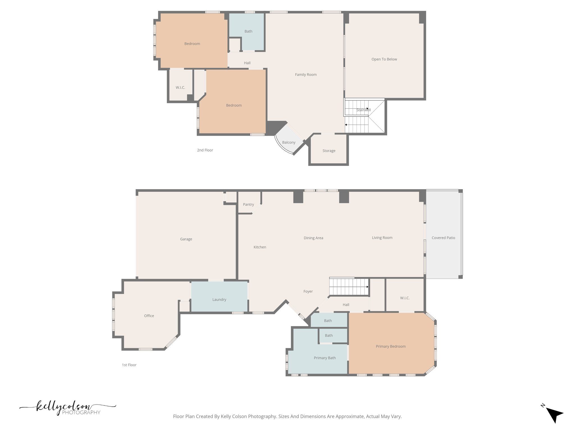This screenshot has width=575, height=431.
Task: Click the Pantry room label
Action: pos(248,204)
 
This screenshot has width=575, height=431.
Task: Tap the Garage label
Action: pos(186,239)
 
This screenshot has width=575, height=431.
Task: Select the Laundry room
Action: pos(219,299)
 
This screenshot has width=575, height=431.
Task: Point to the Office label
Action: pos(149,316)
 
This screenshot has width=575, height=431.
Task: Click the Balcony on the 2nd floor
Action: pos(289,142)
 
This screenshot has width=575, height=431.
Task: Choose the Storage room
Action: pos(329,151)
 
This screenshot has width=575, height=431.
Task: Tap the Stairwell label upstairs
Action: pos(364,110)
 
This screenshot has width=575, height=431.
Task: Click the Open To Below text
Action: pos(384,59)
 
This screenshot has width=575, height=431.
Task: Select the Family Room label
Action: pos(306,75)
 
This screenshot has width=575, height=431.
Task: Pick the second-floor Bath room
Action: pos(248,31)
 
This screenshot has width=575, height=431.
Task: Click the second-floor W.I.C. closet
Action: pos(180,88)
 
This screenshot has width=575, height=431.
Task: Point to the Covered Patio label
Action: pos(443,238)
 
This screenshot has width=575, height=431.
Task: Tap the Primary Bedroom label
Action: pos(391,346)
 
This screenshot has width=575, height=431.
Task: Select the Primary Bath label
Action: pos(325,358)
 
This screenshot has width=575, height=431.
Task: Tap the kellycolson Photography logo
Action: pos(67,408)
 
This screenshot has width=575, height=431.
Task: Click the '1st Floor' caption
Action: pos(129,365)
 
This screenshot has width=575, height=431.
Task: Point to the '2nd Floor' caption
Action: pos(205,150)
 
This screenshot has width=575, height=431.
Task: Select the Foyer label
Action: pos(308,291)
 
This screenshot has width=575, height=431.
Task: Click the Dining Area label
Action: pos(313,238)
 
